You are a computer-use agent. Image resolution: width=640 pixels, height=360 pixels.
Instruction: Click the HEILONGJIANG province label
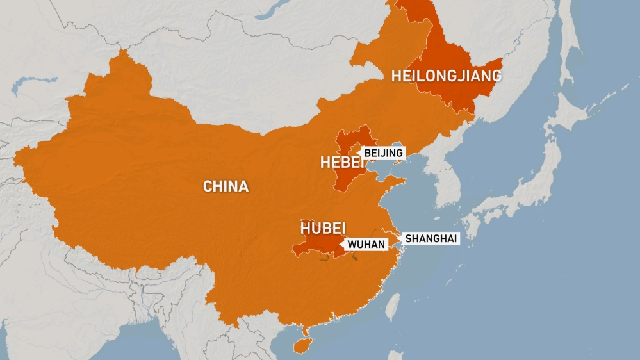(x=447, y=76)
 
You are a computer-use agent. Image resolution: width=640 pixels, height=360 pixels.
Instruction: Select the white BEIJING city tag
(x=384, y=152)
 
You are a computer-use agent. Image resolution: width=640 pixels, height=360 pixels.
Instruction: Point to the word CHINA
(x=226, y=186)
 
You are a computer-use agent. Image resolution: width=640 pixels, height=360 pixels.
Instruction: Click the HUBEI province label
(x=323, y=229)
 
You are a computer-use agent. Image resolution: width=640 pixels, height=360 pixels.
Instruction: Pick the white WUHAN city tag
(x=366, y=243)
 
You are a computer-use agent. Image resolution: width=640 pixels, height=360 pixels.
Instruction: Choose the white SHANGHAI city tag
(x=431, y=238)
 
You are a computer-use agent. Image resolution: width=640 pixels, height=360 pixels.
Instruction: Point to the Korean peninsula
(x=447, y=179)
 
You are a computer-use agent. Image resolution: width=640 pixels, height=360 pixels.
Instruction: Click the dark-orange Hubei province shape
(x=314, y=246)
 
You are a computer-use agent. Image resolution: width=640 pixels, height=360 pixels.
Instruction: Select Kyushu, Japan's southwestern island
(x=472, y=224)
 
